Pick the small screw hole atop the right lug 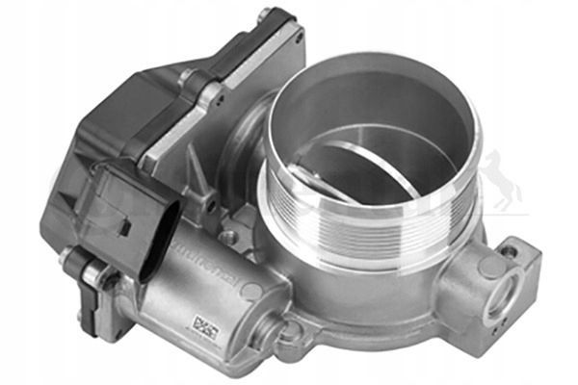click(x=508, y=252)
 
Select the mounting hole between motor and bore click(x=228, y=235)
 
